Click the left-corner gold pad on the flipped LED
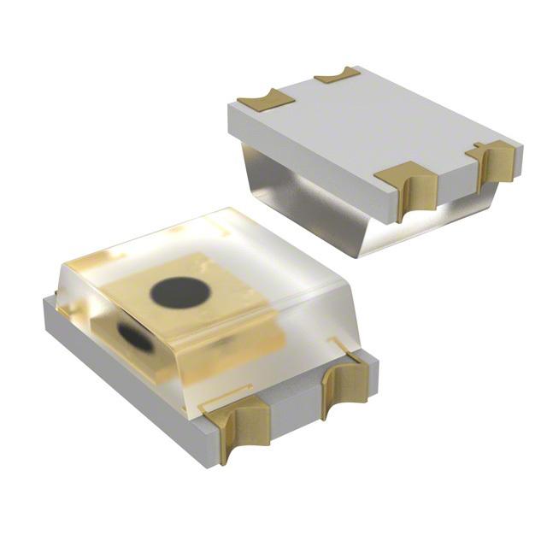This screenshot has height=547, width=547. [x=265, y=102]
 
